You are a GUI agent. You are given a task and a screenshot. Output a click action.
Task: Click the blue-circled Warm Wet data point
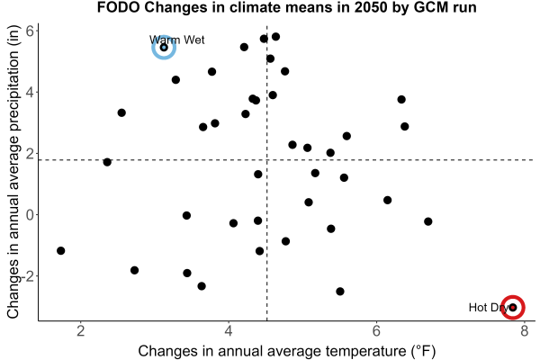pos(164,47)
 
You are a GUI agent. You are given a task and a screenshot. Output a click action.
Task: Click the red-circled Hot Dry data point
pos(513,307)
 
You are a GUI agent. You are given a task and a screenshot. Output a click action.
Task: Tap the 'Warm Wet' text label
pos(177,40)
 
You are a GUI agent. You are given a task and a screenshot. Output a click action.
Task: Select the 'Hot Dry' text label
pos(488,307)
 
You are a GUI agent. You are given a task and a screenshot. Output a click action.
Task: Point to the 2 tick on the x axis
pos(81,331)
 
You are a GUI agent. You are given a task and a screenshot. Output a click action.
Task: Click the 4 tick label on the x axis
pos(229,331)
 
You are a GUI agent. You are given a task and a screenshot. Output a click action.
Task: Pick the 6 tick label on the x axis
pos(376,331)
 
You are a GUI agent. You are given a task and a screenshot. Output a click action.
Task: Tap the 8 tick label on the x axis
pos(524,331)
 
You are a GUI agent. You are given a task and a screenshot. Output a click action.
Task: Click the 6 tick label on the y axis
pos(30,31)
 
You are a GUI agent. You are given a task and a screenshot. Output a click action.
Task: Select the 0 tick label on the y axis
pos(30,214)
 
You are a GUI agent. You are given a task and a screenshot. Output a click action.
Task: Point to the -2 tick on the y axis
pos(28,276)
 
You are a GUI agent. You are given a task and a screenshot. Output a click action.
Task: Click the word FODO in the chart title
pos(118,7)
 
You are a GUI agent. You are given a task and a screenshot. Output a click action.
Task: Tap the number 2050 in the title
pos(373,7)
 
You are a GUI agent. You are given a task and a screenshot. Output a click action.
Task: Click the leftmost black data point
pos(60,251)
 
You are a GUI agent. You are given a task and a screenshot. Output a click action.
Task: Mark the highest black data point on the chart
pos(275,37)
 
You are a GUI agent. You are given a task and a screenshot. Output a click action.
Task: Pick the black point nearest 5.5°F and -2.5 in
pos(340,292)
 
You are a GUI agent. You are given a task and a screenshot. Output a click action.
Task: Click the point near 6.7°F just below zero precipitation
pos(428,221)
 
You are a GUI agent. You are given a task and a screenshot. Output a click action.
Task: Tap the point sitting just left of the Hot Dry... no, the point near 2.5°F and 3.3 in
pos(121,112)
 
